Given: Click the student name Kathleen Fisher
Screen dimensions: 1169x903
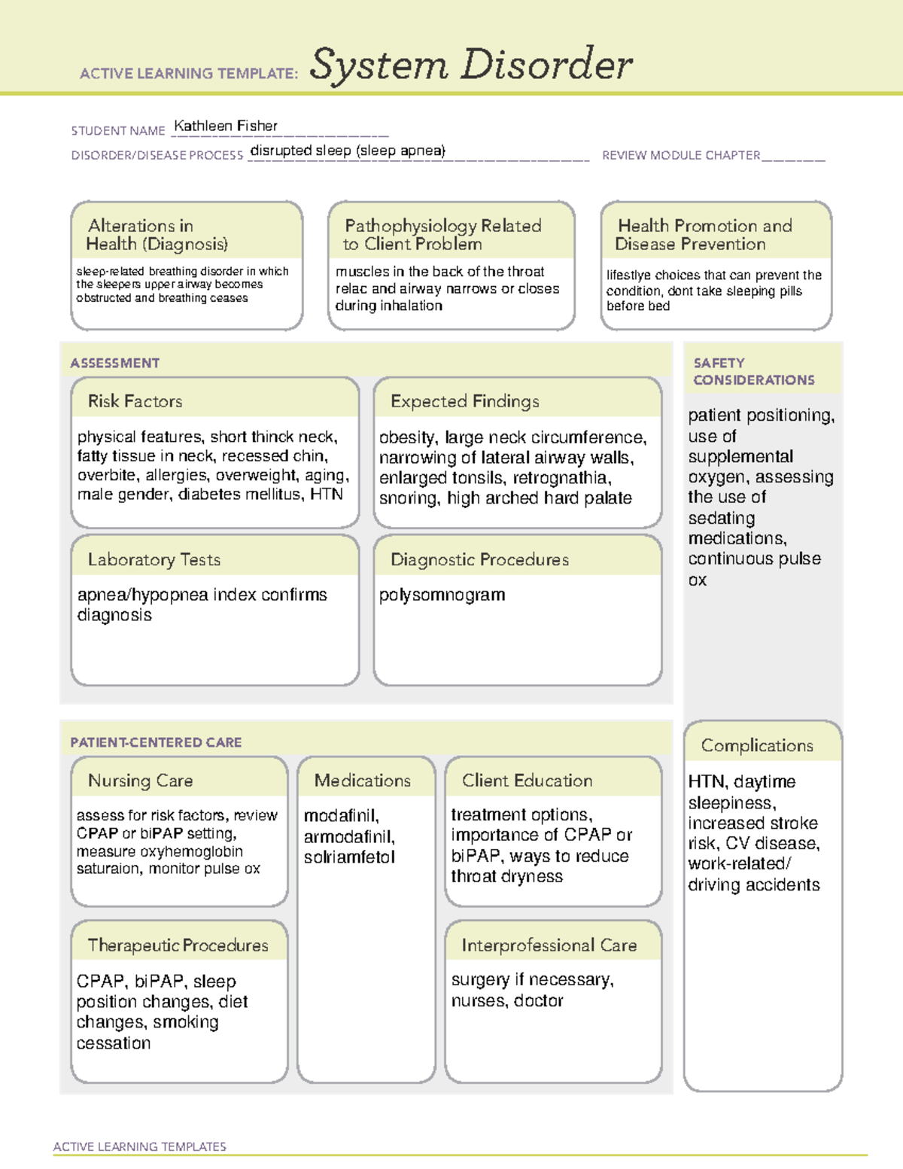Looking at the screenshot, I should click(x=226, y=126).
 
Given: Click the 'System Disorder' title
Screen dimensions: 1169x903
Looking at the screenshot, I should click(x=471, y=65).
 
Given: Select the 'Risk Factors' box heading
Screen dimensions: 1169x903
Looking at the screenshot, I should click(x=135, y=401).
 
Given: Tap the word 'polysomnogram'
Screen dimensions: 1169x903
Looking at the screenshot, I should click(x=442, y=595).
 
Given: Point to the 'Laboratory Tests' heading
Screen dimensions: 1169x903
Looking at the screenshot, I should click(x=154, y=559).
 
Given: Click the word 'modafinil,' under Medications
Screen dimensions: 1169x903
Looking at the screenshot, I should click(x=342, y=816).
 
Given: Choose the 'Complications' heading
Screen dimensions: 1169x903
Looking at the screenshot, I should click(x=757, y=745).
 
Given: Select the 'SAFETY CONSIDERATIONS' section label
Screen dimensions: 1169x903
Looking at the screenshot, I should click(x=753, y=371).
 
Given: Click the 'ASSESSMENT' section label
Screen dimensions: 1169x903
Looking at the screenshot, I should click(x=114, y=363).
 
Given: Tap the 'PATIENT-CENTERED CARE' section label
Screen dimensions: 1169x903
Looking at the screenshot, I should click(x=156, y=742).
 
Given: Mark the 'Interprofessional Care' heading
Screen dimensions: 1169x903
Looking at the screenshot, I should click(x=549, y=945).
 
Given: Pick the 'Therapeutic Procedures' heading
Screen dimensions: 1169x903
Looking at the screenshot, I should click(x=178, y=945).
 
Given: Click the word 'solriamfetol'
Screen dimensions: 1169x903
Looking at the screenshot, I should click(x=349, y=857).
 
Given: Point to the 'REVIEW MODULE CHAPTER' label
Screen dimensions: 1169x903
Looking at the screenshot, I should click(x=681, y=155).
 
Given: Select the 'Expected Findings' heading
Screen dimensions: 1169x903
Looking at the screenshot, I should click(x=464, y=401).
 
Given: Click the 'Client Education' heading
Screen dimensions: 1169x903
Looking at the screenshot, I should click(x=527, y=781).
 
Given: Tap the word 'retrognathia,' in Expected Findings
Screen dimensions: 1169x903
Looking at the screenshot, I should click(x=561, y=478).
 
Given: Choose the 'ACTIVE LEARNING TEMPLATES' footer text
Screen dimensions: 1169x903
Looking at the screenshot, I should click(x=139, y=1146).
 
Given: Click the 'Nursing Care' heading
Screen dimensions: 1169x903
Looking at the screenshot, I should click(x=140, y=781).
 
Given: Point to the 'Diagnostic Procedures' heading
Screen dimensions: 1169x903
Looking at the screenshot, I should click(x=479, y=559).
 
